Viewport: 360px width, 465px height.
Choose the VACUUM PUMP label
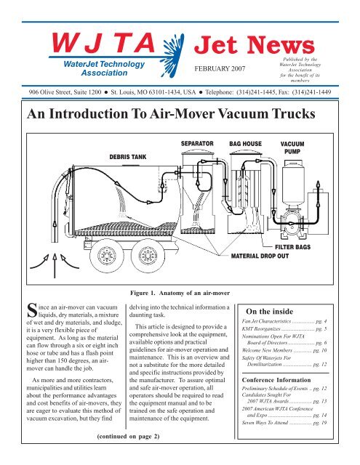tap(295, 148)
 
